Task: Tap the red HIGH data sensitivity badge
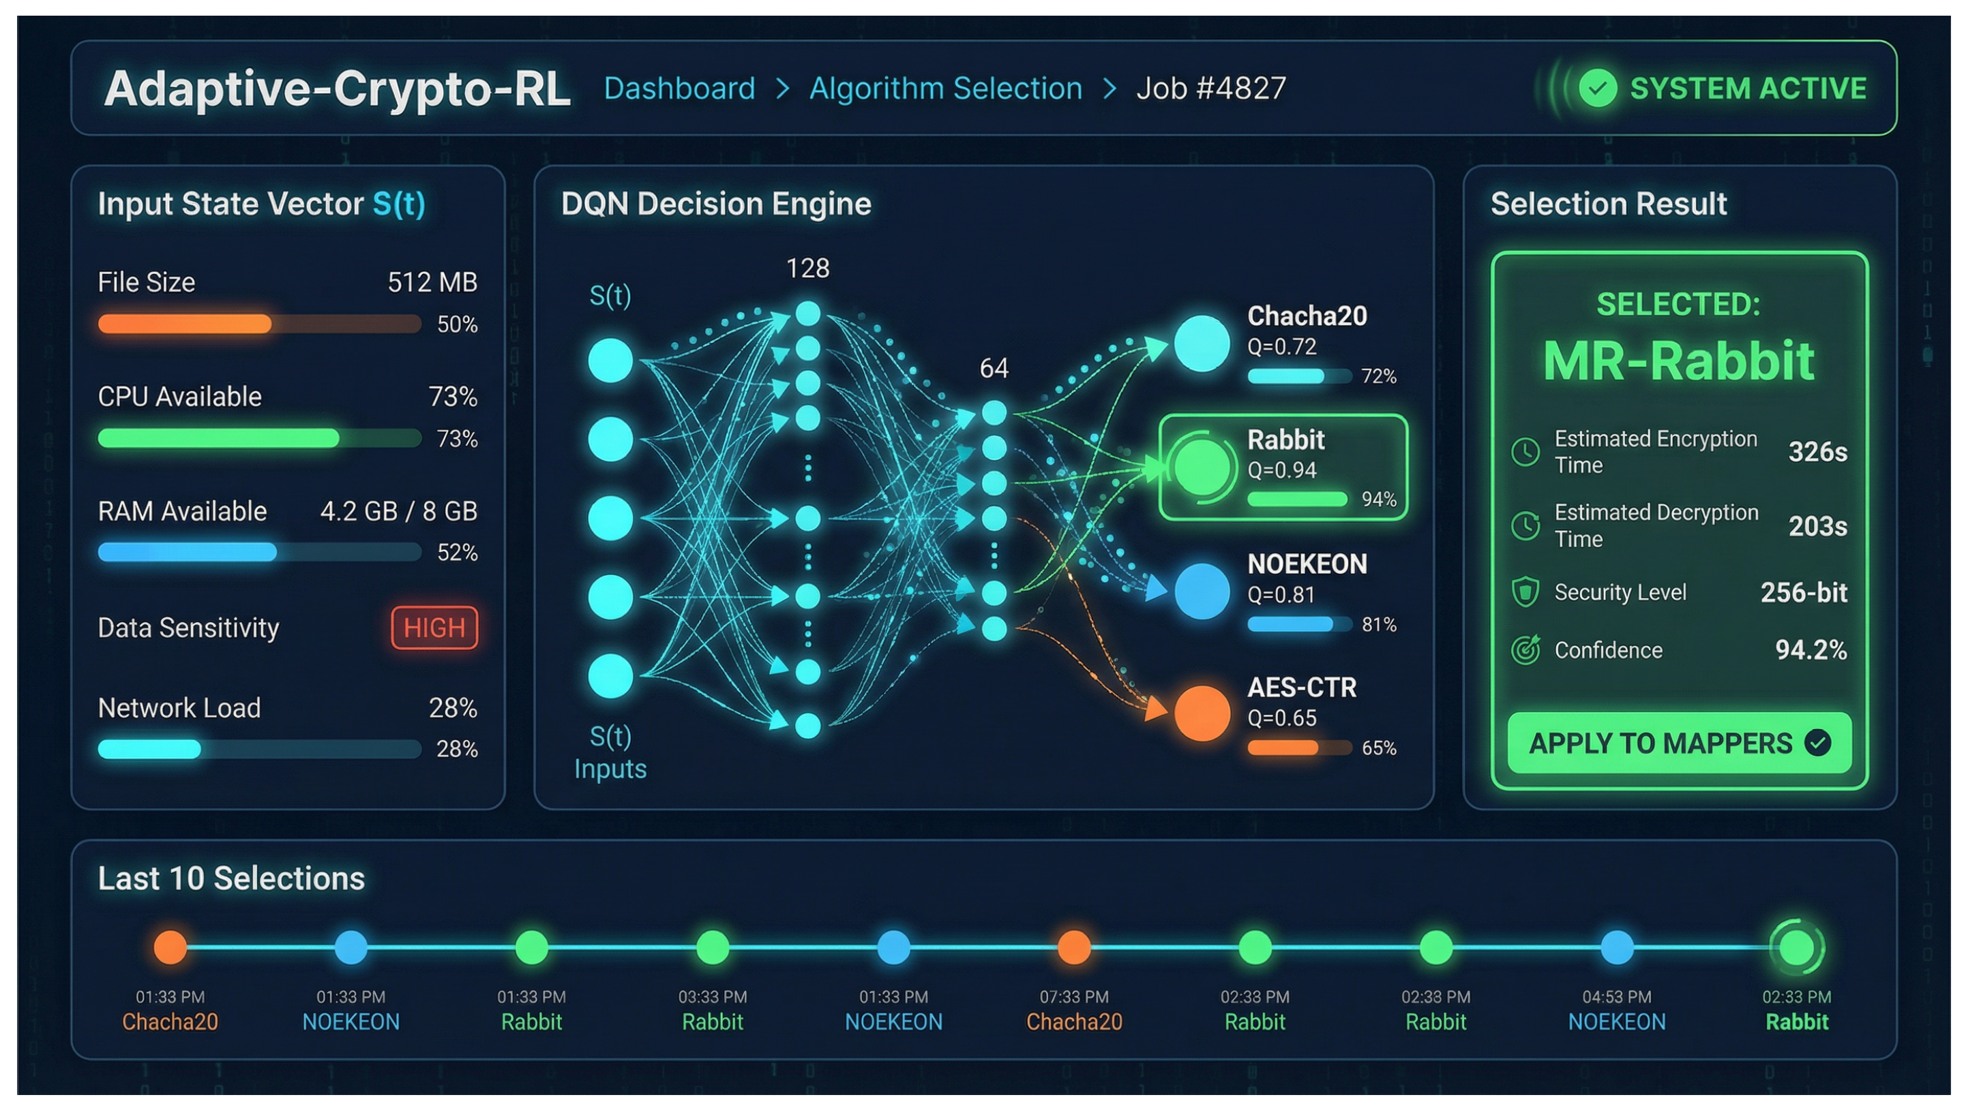[x=434, y=628]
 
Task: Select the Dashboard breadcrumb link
[x=679, y=89]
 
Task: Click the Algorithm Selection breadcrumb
[x=945, y=89]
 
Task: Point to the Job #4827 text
[x=1210, y=89]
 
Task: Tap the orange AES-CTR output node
[x=1202, y=713]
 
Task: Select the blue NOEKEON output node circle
[x=1202, y=591]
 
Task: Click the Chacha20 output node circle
[x=1202, y=343]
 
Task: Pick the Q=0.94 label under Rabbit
[x=1281, y=470]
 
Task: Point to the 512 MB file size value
[x=432, y=283]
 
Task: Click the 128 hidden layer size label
[x=807, y=268]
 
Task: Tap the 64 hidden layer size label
[x=994, y=369]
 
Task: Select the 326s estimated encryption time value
[x=1817, y=452]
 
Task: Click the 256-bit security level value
[x=1803, y=592]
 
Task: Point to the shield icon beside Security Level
[x=1525, y=592]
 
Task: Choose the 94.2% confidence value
[x=1811, y=650]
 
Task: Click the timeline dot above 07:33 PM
[x=1073, y=947]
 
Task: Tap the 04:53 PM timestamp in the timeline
[x=1616, y=997]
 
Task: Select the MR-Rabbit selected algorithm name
[x=1678, y=360]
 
